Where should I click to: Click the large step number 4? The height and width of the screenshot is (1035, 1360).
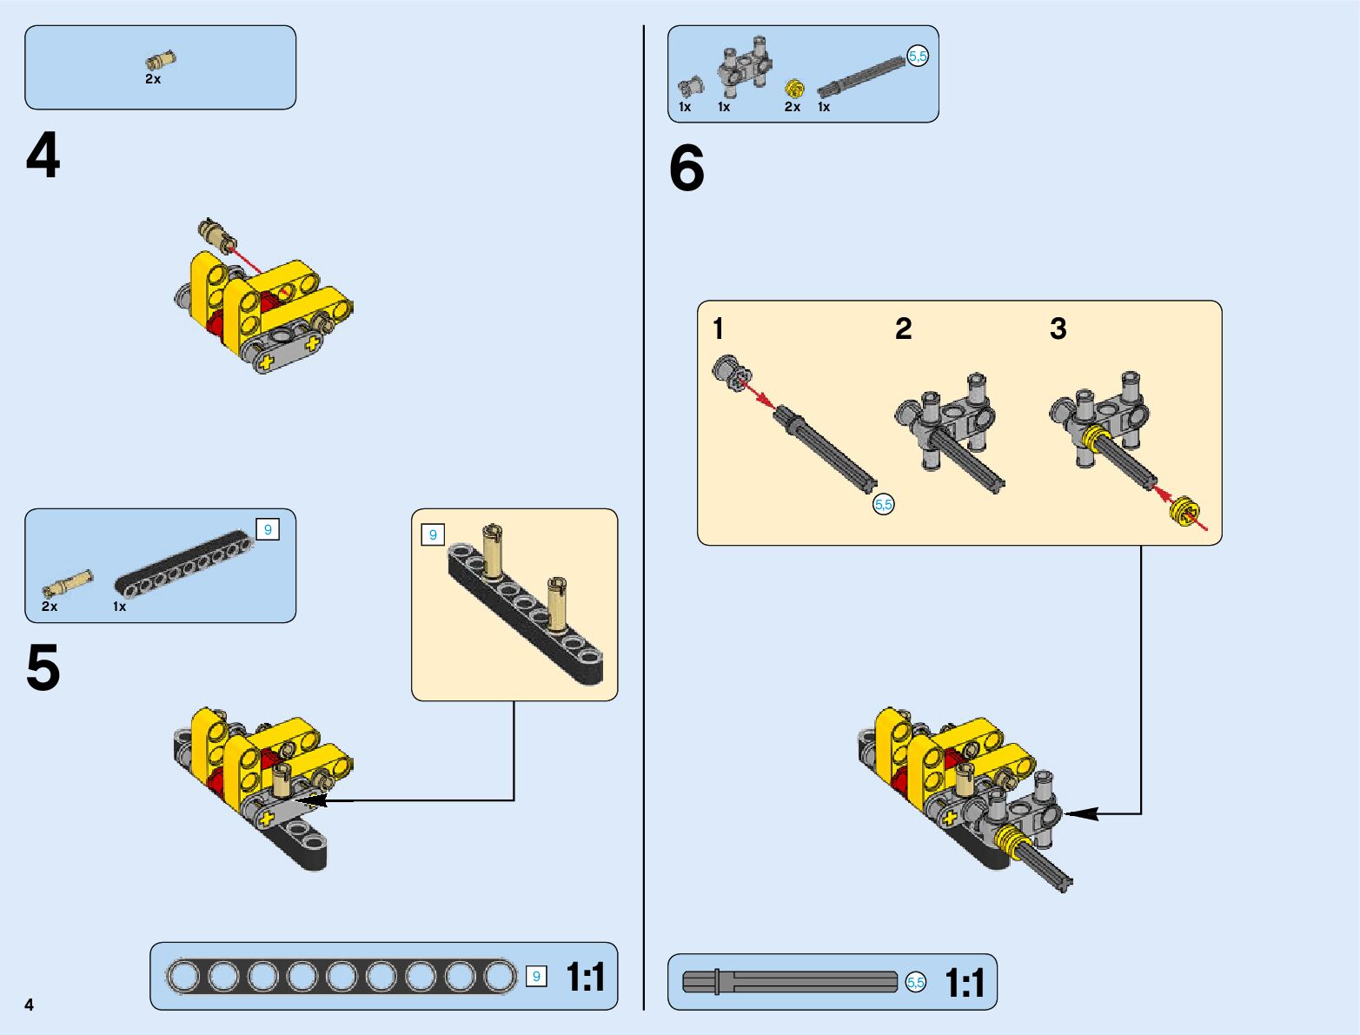(x=43, y=156)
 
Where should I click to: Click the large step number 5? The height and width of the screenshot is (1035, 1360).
(x=43, y=668)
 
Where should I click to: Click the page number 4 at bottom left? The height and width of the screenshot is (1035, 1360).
(x=30, y=1005)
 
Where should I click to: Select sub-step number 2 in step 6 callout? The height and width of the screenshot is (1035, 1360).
(x=904, y=328)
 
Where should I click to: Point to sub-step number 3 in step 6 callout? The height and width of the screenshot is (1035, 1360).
(x=1058, y=328)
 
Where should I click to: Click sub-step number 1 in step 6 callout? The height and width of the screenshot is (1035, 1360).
(x=718, y=328)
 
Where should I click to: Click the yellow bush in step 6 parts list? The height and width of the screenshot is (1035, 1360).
(x=794, y=89)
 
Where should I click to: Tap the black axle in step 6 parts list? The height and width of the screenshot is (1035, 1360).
(x=861, y=75)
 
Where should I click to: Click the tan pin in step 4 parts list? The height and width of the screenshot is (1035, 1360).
(x=160, y=61)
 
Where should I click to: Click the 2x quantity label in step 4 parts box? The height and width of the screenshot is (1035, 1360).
(x=153, y=79)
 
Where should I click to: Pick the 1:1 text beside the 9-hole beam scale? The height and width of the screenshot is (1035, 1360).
(x=586, y=977)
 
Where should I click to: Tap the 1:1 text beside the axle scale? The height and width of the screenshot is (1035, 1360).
(x=965, y=984)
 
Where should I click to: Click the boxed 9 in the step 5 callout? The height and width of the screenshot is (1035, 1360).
(x=433, y=534)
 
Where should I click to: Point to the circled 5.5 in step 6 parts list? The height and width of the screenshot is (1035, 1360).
(x=918, y=56)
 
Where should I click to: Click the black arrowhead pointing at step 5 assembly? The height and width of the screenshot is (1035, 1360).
(x=309, y=800)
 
